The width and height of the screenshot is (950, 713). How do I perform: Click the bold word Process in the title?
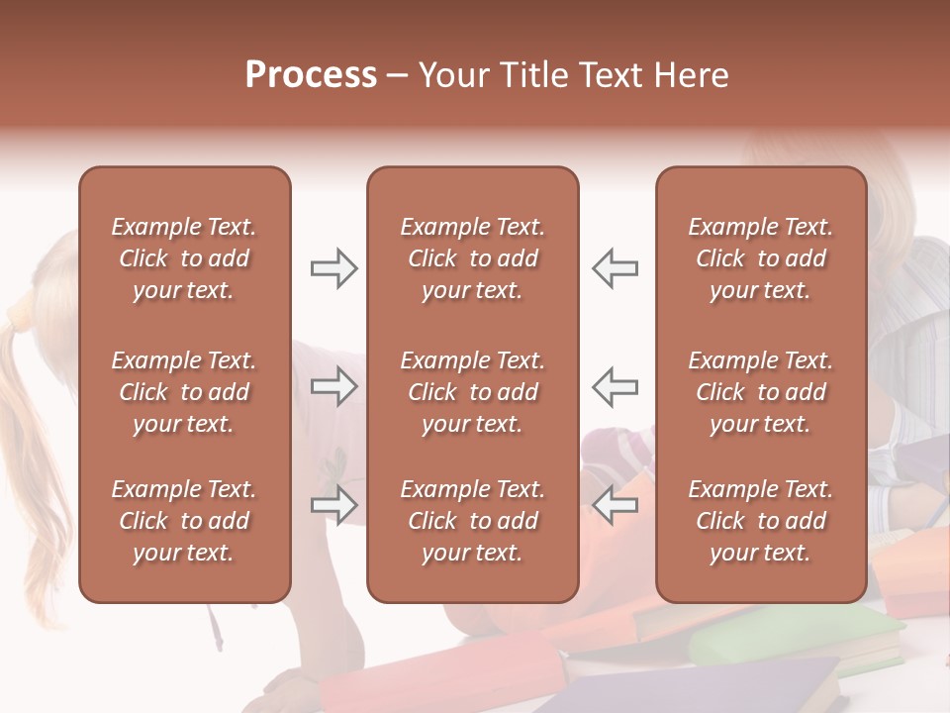[311, 75]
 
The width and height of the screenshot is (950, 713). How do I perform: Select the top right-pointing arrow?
[333, 268]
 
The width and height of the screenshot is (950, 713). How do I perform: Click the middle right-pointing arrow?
[333, 386]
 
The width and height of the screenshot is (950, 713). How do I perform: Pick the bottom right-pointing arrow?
[333, 505]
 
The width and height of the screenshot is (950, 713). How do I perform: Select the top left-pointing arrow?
[616, 268]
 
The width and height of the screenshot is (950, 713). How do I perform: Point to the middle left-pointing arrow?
[616, 386]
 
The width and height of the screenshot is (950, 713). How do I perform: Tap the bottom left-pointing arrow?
[616, 505]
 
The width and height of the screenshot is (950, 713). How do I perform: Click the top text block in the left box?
[184, 258]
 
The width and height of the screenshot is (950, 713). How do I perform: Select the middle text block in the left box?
[184, 392]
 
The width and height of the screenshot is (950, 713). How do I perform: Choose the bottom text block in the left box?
[184, 521]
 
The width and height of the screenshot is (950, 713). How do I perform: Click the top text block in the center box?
[472, 258]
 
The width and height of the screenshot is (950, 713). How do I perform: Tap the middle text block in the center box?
[472, 392]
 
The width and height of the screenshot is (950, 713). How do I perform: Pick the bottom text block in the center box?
[472, 521]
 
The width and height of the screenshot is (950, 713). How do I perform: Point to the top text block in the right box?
[760, 258]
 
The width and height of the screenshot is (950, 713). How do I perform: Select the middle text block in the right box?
[760, 392]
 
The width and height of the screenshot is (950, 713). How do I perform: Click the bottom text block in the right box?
[760, 521]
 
